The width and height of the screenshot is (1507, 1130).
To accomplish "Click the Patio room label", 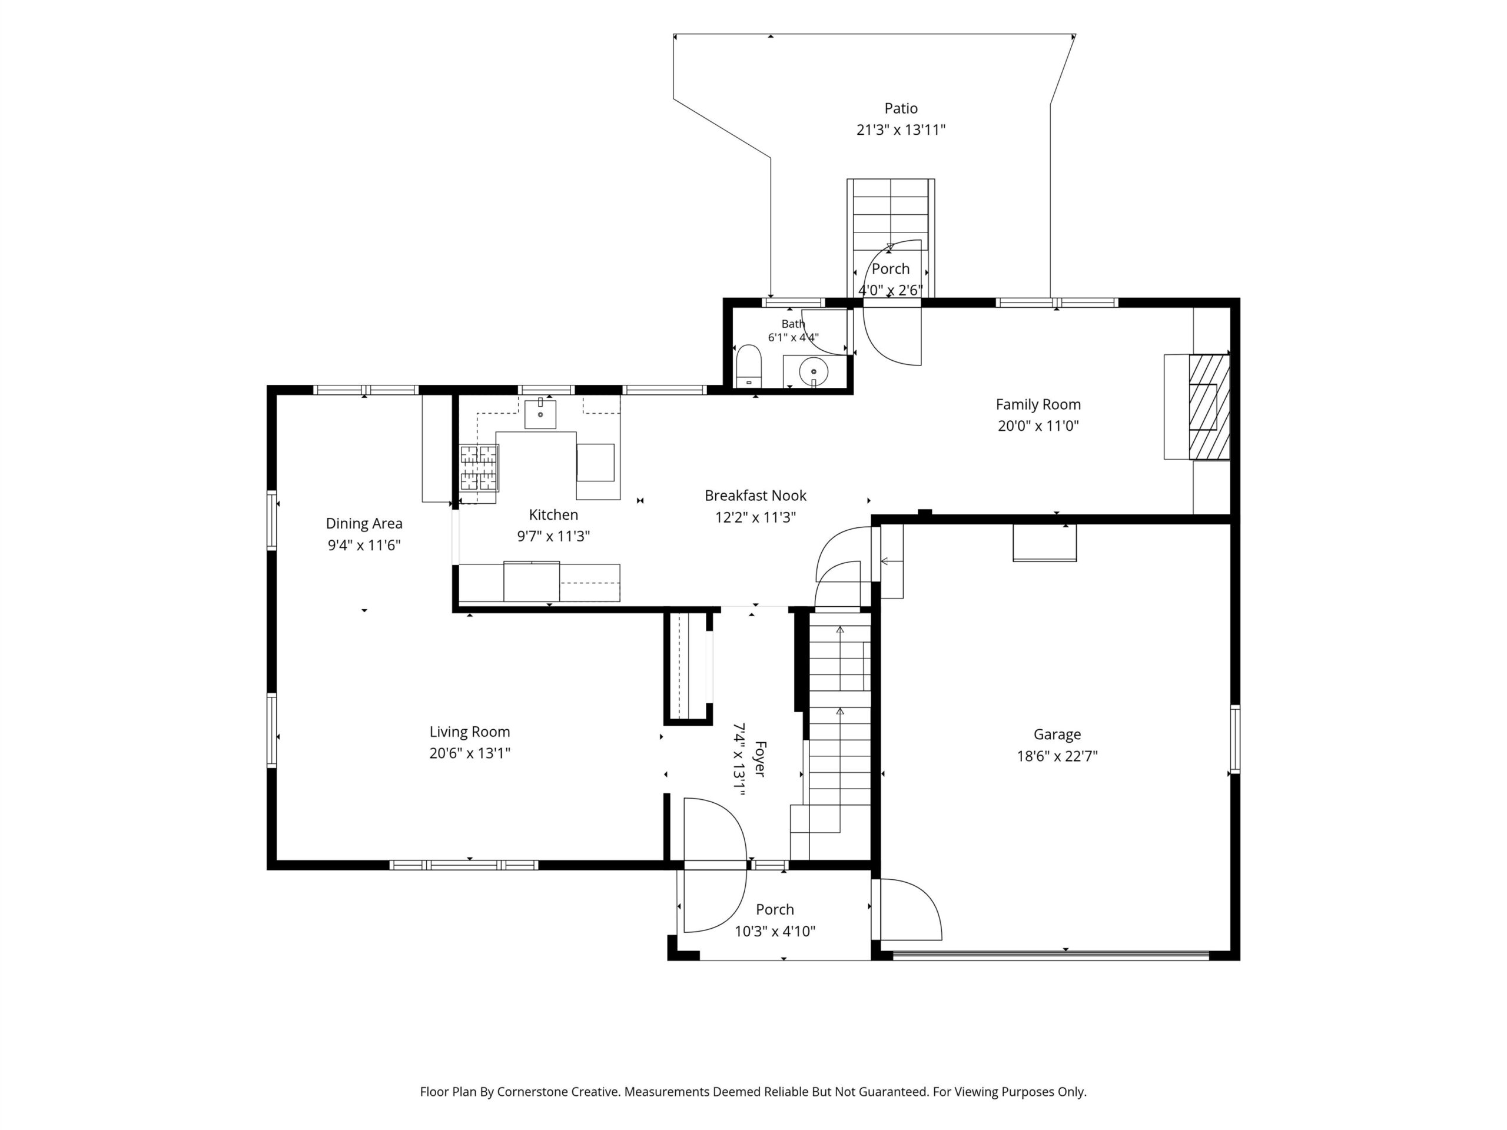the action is click(x=901, y=108).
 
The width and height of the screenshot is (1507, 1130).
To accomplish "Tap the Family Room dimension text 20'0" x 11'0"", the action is click(x=1038, y=426).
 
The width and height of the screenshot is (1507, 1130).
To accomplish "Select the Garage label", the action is click(x=1057, y=734).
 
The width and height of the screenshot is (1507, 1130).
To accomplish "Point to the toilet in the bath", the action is click(x=749, y=365).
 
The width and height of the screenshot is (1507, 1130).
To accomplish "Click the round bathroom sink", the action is click(x=814, y=371).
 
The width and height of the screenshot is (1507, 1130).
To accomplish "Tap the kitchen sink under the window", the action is click(x=540, y=414).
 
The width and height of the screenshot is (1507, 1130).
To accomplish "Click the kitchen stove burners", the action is click(x=479, y=468).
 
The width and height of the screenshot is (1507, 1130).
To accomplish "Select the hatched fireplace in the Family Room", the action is click(x=1209, y=407).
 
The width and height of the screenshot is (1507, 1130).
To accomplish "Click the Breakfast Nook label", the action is click(x=755, y=496).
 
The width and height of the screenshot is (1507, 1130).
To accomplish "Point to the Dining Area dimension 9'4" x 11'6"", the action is click(x=364, y=545).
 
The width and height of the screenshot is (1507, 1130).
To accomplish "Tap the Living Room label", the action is click(x=469, y=732).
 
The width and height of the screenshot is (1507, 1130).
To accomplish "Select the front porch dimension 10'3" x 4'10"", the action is click(x=775, y=931).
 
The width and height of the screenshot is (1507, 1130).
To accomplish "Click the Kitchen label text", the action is click(x=553, y=515).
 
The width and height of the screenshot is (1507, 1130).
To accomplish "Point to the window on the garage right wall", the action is click(x=1234, y=739).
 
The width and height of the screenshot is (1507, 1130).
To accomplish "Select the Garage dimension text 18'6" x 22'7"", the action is click(x=1057, y=756).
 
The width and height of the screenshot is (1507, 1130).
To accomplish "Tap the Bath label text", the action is click(x=793, y=324).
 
